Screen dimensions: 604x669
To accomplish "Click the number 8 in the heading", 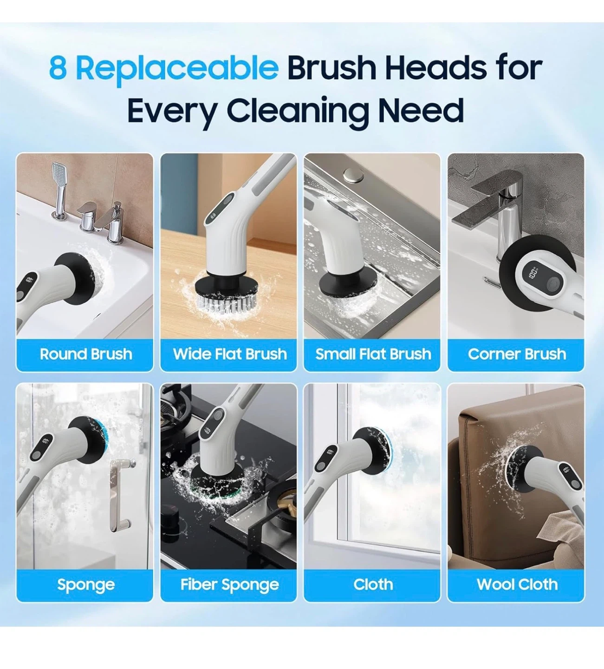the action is pyautogui.click(x=58, y=68).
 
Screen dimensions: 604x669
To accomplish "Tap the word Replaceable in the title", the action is pyautogui.click(x=177, y=69).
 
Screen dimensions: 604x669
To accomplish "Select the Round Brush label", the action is pyautogui.click(x=86, y=354).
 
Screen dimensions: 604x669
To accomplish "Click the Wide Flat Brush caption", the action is pyautogui.click(x=230, y=354).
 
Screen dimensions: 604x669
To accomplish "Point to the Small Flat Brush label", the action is pyautogui.click(x=373, y=354).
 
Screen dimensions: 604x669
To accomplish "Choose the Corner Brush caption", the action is pyautogui.click(x=517, y=354).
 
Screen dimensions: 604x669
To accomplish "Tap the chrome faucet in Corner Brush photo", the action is pyautogui.click(x=500, y=207).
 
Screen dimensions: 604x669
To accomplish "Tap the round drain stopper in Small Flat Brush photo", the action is pyautogui.click(x=354, y=174).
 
